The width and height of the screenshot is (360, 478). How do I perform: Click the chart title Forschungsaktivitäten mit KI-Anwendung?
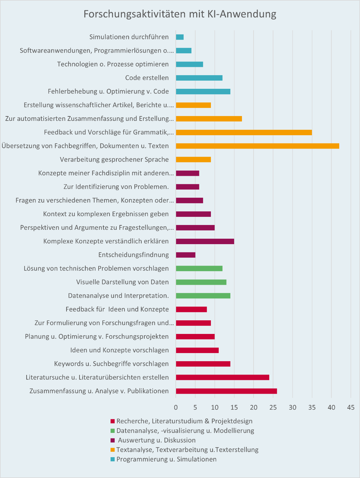point(180,14)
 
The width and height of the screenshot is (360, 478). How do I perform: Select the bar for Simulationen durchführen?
point(180,37)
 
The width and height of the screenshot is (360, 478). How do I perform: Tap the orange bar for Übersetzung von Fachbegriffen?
point(257,146)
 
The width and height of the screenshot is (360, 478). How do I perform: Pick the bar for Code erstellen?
point(199,78)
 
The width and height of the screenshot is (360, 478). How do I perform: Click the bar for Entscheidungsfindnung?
point(186,255)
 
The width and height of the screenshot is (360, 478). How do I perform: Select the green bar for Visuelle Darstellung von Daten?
point(201,282)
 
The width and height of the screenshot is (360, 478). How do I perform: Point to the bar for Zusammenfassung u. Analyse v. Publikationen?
point(226,391)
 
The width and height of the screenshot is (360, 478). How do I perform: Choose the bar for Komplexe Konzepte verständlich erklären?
point(205,241)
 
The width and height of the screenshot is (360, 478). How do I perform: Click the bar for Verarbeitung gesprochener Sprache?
point(193,159)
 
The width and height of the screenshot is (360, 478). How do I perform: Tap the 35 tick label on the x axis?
point(312,407)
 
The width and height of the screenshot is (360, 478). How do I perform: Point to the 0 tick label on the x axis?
point(176,407)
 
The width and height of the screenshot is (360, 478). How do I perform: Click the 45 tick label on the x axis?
point(351,407)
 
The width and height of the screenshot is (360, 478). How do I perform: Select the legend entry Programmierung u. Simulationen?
point(166,459)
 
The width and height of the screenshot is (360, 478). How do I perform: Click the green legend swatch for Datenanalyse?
point(112,431)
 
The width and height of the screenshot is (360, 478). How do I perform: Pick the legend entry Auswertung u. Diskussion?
point(157,440)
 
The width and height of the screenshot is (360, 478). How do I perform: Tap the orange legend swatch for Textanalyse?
point(112,450)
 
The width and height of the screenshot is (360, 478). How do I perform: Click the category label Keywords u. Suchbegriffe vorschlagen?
point(111,364)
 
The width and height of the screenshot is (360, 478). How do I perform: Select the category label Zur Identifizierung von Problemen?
point(116,187)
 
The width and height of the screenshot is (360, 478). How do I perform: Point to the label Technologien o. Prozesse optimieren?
point(113,64)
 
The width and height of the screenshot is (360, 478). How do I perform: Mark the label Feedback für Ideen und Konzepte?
point(117,309)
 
